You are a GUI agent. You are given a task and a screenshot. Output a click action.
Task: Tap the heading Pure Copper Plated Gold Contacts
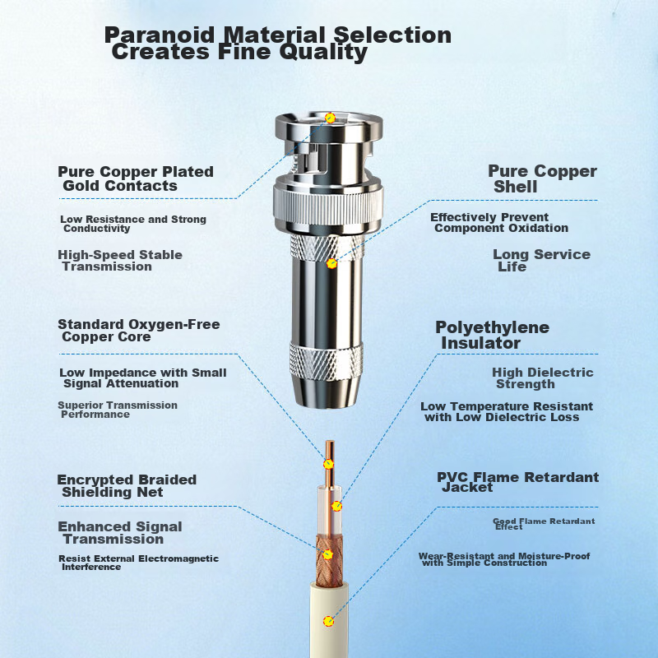click(135, 178)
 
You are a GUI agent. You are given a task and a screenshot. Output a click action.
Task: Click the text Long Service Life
click(540, 260)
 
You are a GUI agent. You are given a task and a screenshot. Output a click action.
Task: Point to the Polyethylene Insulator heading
click(491, 335)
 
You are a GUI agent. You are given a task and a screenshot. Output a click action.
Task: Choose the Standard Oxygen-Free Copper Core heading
click(138, 330)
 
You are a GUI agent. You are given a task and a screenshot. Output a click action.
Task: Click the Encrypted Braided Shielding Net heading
click(126, 485)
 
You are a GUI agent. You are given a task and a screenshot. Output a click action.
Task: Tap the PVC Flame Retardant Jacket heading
click(517, 482)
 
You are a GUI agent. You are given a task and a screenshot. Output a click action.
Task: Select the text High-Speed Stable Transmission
click(119, 260)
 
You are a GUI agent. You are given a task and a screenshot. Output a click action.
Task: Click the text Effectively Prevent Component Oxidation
click(500, 222)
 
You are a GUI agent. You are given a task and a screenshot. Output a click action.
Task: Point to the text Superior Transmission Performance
click(117, 410)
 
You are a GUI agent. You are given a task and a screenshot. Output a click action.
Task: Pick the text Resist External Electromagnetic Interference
click(138, 563)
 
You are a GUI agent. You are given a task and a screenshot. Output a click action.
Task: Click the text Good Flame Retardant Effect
click(543, 523)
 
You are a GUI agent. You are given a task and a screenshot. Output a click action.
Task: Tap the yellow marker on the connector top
click(330, 118)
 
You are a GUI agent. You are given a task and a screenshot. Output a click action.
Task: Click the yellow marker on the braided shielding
click(328, 554)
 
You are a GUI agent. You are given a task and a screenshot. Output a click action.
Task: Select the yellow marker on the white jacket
click(328, 621)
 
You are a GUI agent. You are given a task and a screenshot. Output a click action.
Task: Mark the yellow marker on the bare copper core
click(328, 464)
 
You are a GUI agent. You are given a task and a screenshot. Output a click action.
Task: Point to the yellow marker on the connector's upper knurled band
click(331, 263)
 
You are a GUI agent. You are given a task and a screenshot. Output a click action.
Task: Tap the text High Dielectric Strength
click(541, 378)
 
